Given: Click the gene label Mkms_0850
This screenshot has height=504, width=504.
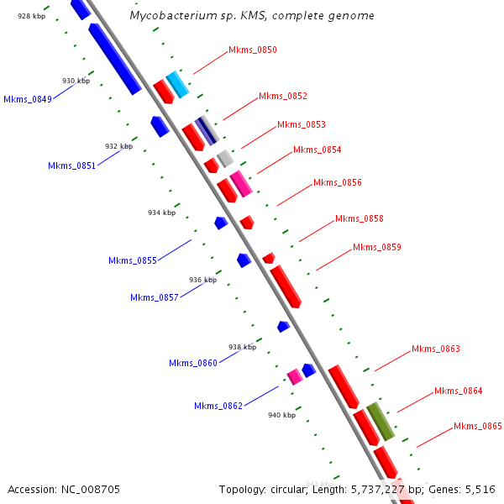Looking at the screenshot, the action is tap(253, 50).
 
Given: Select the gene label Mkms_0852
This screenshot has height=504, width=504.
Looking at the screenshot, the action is tap(283, 96).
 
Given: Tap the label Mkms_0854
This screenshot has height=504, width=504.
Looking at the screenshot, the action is tap(318, 150).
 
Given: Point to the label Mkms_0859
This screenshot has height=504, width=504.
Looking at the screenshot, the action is tap(377, 247).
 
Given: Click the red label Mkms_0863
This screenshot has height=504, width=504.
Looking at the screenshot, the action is tap(436, 349).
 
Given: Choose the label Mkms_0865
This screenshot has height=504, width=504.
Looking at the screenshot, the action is tap(478, 427).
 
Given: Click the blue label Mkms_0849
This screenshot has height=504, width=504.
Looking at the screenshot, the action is tap(28, 99).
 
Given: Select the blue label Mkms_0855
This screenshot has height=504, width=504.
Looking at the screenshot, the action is tap(133, 260).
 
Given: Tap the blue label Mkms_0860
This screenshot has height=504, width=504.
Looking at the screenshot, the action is tap(193, 363).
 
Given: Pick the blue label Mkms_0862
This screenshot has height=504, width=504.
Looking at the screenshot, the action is tap(218, 407).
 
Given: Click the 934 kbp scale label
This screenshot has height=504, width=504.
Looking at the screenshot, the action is tap(161, 213).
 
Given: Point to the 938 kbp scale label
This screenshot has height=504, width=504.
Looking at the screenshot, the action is tap(242, 347).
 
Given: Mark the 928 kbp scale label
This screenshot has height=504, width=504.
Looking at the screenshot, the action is tap(31, 16).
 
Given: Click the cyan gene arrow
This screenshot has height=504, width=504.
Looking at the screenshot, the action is tap(177, 84).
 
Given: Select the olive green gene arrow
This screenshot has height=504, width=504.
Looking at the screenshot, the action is tap(381, 421).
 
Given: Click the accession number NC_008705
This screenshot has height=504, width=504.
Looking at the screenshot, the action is tap(90, 489).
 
